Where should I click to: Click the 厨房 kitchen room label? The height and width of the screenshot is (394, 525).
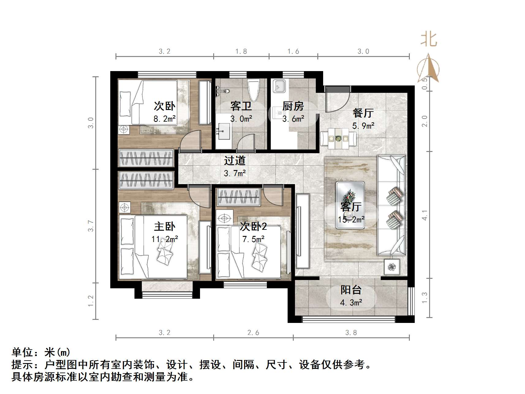(293, 106)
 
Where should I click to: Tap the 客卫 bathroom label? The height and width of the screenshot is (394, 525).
(241, 106)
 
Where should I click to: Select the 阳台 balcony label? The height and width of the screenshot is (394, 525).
(351, 290)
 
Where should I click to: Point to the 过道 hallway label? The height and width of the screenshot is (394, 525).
(235, 161)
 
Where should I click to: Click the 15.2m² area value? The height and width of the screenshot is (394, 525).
(351, 219)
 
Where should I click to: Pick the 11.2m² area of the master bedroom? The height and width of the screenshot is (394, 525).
(164, 239)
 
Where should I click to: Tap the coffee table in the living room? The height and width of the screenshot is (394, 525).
(350, 205)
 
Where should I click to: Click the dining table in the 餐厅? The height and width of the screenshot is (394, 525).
(338, 139)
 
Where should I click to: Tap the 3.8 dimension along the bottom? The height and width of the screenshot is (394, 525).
(351, 333)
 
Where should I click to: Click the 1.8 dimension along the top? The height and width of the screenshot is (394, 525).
(241, 51)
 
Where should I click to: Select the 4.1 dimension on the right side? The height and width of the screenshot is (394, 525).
(424, 215)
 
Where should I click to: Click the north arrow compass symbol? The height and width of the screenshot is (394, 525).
(428, 69)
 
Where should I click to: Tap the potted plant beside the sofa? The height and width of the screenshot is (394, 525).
(392, 267)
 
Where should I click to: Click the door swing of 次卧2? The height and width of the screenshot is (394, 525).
(273, 196)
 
